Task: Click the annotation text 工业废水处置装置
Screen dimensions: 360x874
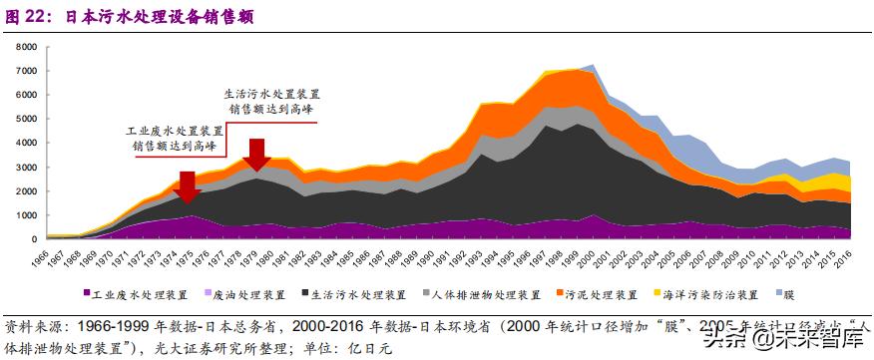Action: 175,131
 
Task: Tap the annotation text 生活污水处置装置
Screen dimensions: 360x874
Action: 272,94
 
